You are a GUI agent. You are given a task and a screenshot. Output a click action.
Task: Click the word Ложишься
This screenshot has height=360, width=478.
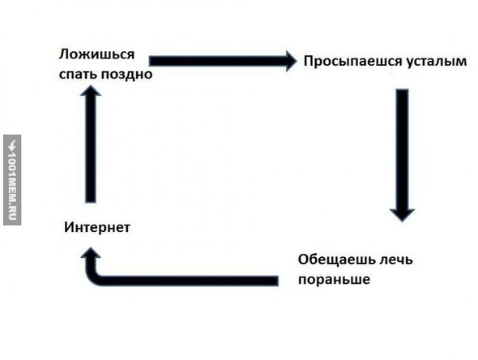(x=96, y=55)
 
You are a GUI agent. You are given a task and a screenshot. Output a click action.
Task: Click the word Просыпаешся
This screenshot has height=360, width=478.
(x=352, y=62)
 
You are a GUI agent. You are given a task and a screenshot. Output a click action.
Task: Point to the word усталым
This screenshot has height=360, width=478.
(x=437, y=62)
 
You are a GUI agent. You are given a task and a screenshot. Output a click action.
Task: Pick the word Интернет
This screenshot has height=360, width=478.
(x=97, y=227)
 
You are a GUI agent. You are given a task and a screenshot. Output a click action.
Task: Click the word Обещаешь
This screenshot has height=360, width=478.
(x=337, y=259)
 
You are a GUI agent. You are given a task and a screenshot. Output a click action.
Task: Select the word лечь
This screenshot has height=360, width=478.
(x=396, y=259)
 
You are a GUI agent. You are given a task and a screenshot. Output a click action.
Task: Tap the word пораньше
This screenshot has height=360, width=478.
(x=334, y=280)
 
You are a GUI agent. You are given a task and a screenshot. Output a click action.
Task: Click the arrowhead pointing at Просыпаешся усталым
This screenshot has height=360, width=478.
(x=291, y=61)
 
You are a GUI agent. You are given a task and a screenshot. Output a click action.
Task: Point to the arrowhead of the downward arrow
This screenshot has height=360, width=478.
(x=402, y=215)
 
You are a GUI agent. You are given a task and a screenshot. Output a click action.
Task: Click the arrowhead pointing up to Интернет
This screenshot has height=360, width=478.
(x=91, y=253)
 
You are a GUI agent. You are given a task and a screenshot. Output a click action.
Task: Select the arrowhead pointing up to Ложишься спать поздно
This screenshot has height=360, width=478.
(x=91, y=91)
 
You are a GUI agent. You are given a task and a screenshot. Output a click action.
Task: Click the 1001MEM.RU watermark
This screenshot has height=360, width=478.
(x=12, y=180)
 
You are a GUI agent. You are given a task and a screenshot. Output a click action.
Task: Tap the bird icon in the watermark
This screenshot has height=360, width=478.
(x=12, y=145)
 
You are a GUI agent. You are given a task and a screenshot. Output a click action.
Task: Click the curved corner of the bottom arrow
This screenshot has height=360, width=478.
(x=94, y=277)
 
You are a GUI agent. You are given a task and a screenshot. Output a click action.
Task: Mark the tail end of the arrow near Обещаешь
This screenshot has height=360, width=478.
(x=278, y=281)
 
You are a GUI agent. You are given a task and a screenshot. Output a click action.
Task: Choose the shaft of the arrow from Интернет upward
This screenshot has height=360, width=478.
(x=91, y=149)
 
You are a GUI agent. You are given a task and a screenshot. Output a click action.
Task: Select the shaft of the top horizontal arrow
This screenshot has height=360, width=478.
(x=218, y=61)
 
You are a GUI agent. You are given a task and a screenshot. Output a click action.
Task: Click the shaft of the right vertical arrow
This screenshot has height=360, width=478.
(x=403, y=149)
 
